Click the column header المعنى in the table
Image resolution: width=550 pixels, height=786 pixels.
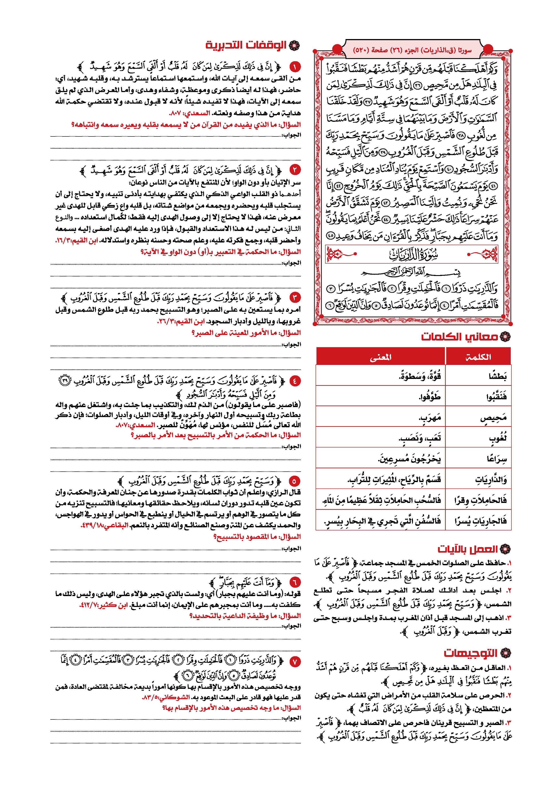380,357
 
